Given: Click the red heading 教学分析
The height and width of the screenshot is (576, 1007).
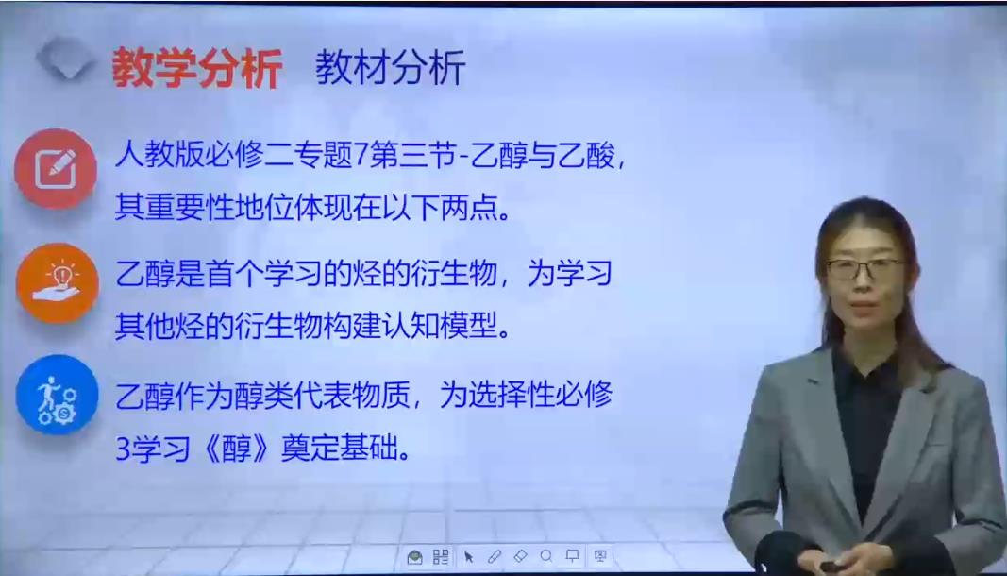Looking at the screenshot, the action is pos(197,68).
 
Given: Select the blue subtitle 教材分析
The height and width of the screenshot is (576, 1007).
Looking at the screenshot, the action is pos(390,67).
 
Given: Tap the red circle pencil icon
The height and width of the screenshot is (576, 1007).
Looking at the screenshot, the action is pos(56,168).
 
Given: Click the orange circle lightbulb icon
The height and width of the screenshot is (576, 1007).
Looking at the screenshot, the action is pos(58,283).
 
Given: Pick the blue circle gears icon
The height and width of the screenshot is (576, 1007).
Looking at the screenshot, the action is pos(58,395).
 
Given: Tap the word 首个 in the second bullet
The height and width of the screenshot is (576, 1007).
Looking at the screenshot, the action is pos(234,275).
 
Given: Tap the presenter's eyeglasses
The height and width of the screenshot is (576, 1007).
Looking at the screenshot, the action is pos(865,268).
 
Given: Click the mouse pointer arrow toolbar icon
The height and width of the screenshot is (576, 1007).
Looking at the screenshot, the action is pos(469,557).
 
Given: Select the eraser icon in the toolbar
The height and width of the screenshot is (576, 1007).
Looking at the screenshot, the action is pos(520,556).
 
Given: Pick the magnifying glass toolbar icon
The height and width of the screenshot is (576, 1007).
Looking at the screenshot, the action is pos(545,556).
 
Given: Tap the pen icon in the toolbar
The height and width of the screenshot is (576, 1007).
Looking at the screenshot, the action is pos(494,556).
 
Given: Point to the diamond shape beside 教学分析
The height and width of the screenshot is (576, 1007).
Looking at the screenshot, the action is pos(65,58).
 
